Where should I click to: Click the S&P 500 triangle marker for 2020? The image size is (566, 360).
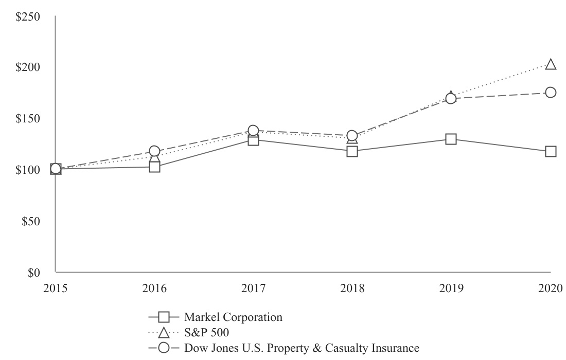pyautogui.click(x=551, y=65)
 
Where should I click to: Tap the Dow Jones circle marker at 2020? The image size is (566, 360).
pyautogui.click(x=551, y=93)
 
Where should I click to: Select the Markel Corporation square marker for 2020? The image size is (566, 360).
pyautogui.click(x=551, y=151)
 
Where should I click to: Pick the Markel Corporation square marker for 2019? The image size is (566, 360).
pyautogui.click(x=451, y=139)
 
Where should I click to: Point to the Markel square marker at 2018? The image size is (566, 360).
pyautogui.click(x=352, y=151)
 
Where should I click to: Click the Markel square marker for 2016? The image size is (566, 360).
pyautogui.click(x=154, y=167)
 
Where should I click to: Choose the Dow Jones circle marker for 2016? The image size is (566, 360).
pyautogui.click(x=154, y=151)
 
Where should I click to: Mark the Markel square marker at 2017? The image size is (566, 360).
pyautogui.click(x=253, y=140)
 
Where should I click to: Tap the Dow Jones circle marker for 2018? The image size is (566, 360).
pyautogui.click(x=352, y=136)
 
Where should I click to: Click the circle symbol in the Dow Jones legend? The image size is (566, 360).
pyautogui.click(x=164, y=348)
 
